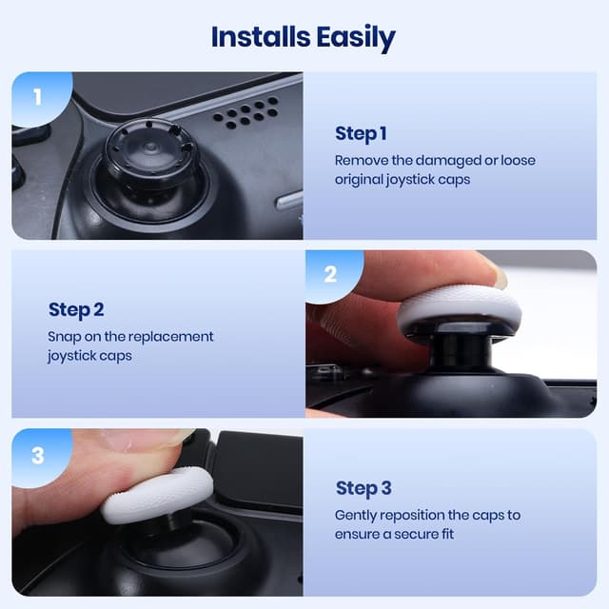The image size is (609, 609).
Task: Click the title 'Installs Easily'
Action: coord(304,37)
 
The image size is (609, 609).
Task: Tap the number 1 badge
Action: coord(37,96)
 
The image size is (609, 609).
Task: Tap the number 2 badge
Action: coord(330,275)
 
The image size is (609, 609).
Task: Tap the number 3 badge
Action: coord(37,456)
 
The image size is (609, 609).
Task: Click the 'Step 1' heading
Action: coord(361,133)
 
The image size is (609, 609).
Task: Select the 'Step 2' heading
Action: coord(76,309)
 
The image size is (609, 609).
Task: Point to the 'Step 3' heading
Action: coord(363,488)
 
